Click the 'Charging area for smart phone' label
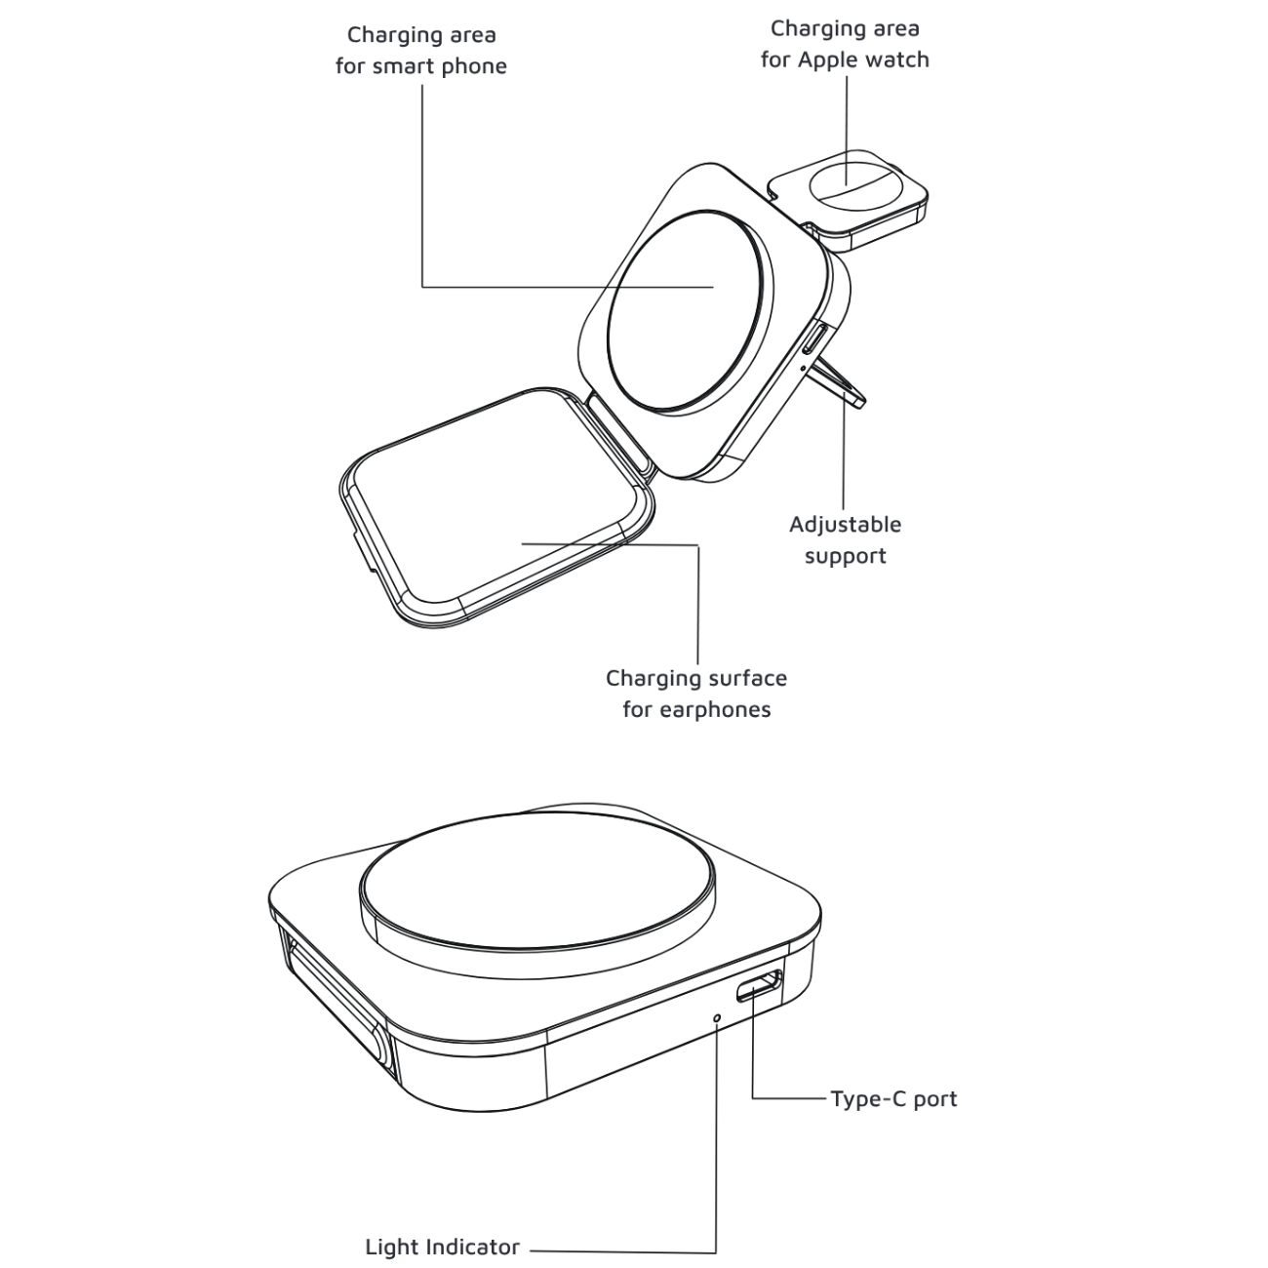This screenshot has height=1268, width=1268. tap(421, 51)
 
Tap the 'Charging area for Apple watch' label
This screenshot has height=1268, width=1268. tap(845, 44)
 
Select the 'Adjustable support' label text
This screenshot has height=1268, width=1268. tap(845, 539)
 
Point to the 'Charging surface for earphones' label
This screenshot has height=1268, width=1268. tap(696, 693)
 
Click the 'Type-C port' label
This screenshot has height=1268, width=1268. tap(893, 1099)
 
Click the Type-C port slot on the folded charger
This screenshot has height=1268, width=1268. tap(760, 987)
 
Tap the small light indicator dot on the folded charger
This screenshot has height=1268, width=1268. tap(718, 1017)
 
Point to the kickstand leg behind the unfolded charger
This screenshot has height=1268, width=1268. tap(841, 383)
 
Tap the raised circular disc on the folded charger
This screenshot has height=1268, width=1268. tap(539, 883)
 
